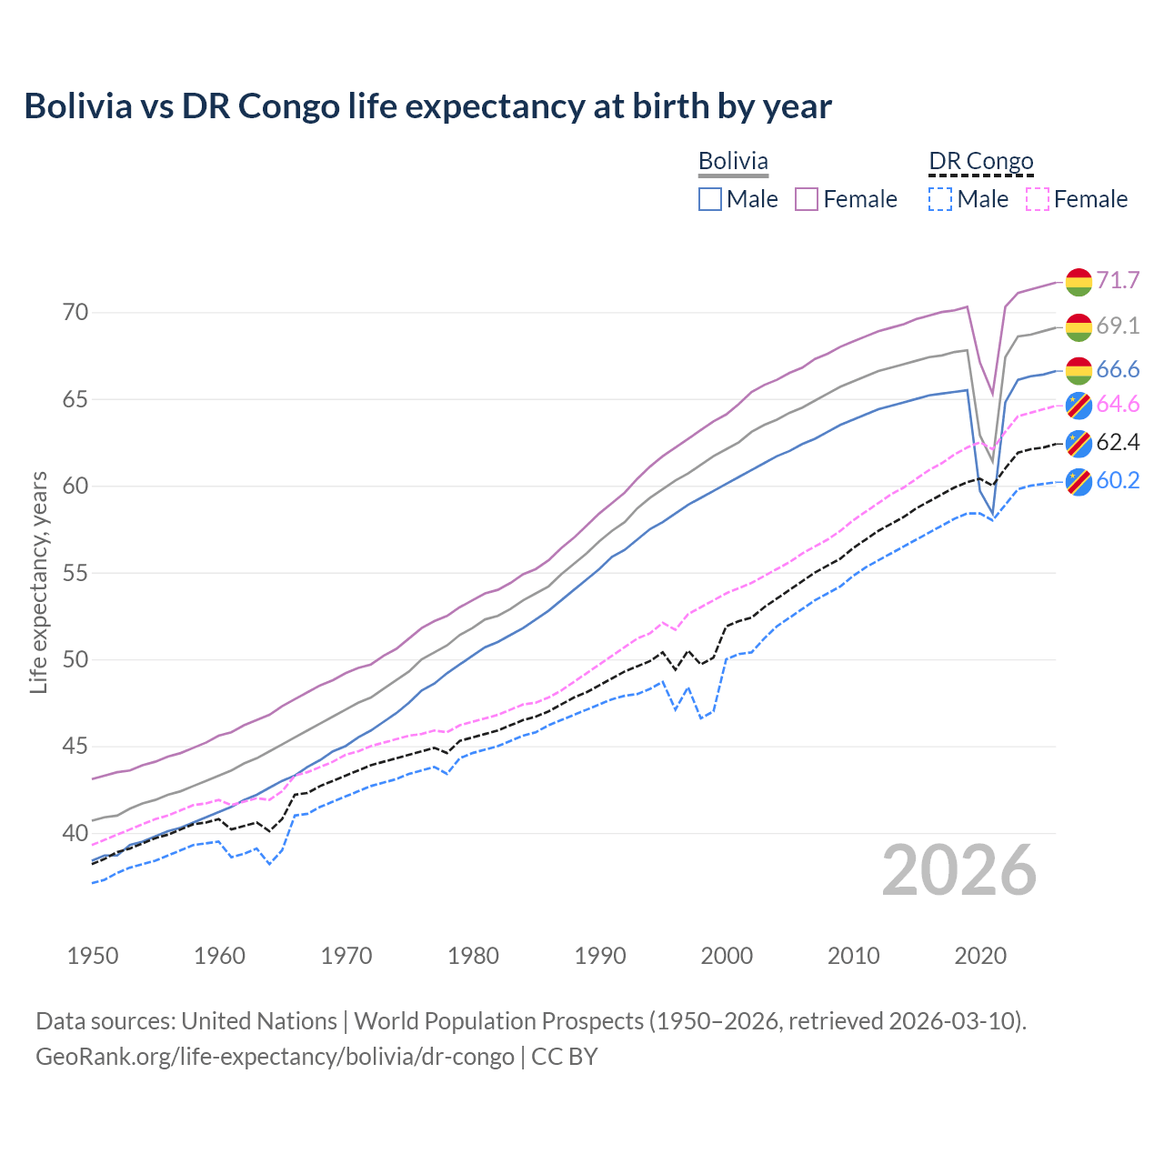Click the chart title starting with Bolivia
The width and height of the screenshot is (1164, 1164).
coord(427,106)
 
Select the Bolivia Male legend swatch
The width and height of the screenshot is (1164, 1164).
coord(710,199)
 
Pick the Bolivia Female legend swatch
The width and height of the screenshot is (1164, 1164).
coord(807,199)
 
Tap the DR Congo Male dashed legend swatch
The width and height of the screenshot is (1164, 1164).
coord(940,199)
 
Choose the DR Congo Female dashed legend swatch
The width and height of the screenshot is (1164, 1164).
coord(1037,199)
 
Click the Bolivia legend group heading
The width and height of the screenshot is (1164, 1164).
coord(733,161)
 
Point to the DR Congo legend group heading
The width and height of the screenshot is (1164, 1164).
coord(981,161)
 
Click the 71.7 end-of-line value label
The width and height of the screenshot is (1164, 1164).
coord(1118,280)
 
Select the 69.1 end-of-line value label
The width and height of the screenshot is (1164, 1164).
coord(1118,326)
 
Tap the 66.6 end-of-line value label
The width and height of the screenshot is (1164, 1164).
coord(1118,369)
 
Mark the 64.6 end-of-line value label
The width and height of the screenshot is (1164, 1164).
coord(1118,404)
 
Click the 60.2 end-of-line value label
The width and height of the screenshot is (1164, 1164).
coord(1118,480)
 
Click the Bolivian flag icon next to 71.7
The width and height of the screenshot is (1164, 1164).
coord(1079,282)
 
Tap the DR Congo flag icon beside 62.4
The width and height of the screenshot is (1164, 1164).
coord(1079,443)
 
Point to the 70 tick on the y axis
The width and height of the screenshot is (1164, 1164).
coord(75,313)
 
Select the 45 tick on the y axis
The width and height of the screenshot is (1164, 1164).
coord(75,747)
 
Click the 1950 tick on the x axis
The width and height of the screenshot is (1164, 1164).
coord(93,956)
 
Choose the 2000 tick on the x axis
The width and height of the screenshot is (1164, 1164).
coord(727,956)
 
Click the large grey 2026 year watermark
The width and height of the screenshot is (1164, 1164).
coord(958,870)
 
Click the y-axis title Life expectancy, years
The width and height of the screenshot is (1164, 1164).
coord(38,582)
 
